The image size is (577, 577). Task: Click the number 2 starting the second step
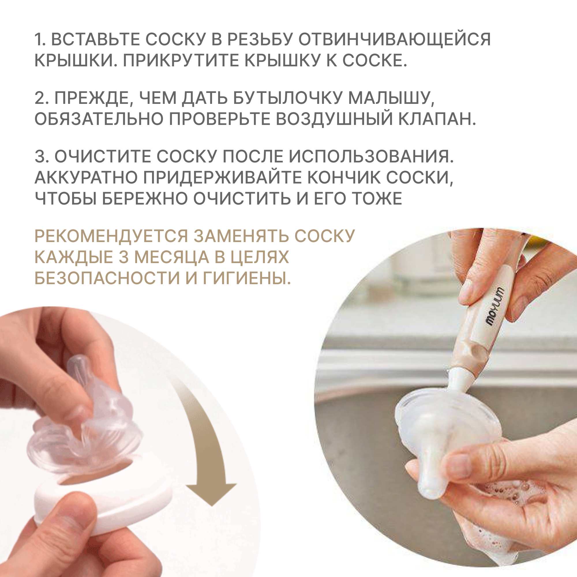(40, 98)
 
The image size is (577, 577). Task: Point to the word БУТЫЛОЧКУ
(287, 98)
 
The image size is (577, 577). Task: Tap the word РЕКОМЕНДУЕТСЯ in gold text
(111, 236)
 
